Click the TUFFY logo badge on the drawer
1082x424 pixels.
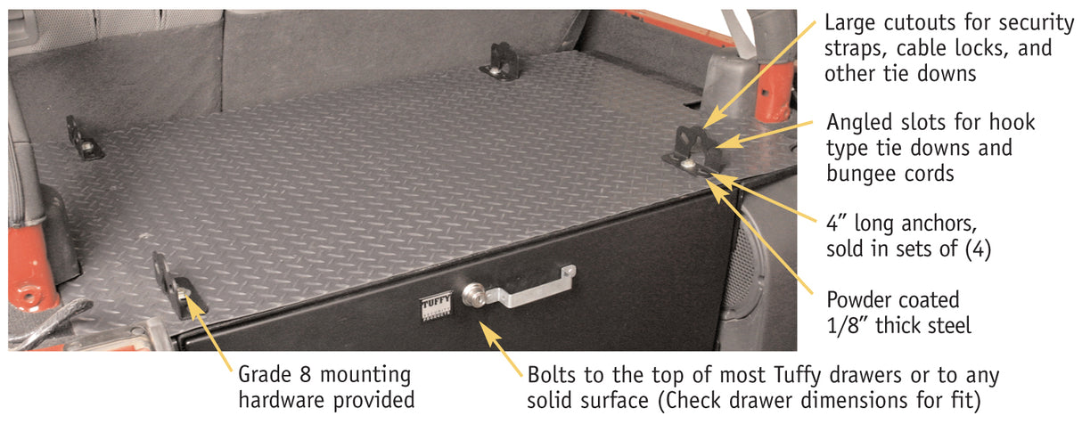[x=437, y=306]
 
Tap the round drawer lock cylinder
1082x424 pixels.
[x=473, y=295]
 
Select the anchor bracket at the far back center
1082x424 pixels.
[x=500, y=61]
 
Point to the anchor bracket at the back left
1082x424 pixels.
[x=84, y=138]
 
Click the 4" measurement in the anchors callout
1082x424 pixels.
[x=836, y=223]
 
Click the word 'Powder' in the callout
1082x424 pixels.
[x=859, y=300]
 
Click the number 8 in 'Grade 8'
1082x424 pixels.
[x=305, y=375]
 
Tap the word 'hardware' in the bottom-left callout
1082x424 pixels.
[x=282, y=400]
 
